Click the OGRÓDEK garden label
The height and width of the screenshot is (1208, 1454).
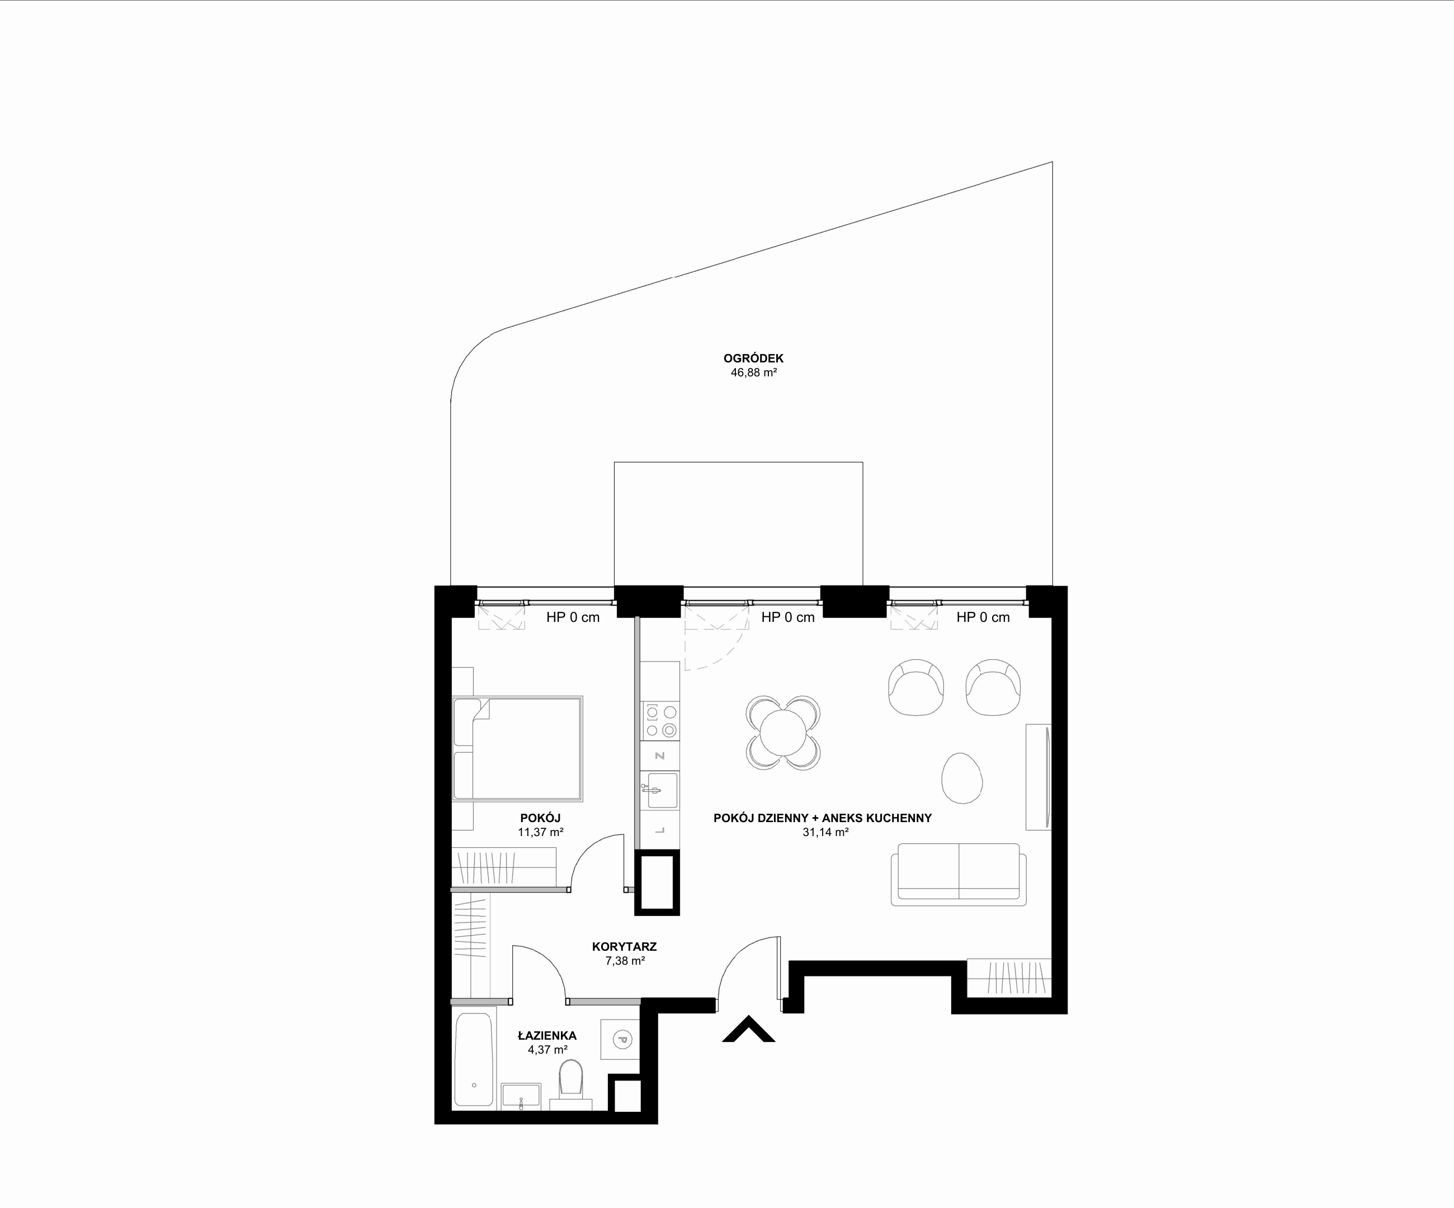(x=753, y=358)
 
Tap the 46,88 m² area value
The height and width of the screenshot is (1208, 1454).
(x=753, y=372)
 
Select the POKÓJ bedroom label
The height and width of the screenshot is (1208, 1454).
(x=540, y=818)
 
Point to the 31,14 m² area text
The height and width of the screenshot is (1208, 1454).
(x=825, y=832)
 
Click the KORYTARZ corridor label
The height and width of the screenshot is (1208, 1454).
(x=625, y=946)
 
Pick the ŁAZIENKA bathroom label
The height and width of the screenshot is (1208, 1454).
(x=547, y=1036)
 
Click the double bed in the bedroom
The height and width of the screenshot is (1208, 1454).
(x=517, y=749)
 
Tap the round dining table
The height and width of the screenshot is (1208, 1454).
(x=783, y=733)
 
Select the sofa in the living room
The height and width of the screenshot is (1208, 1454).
(x=959, y=874)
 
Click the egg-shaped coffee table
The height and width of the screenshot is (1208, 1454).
(x=962, y=778)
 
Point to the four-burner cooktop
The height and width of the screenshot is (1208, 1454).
(x=660, y=721)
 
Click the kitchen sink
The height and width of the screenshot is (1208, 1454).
(x=660, y=791)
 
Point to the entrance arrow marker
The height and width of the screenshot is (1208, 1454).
(x=748, y=1028)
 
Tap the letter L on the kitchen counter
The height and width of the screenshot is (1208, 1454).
(x=660, y=830)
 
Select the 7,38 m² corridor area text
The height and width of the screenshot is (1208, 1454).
(x=625, y=961)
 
